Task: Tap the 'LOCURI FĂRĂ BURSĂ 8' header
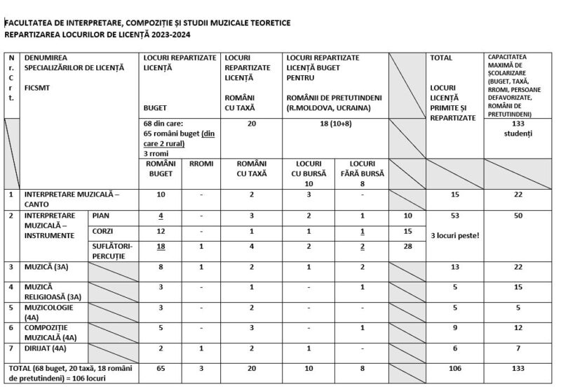pyautogui.click(x=360, y=169)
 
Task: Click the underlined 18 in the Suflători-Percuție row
pyautogui.click(x=161, y=246)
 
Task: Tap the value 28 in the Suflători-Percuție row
pyautogui.click(x=407, y=246)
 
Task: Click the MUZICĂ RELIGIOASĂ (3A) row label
pyautogui.click(x=51, y=291)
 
